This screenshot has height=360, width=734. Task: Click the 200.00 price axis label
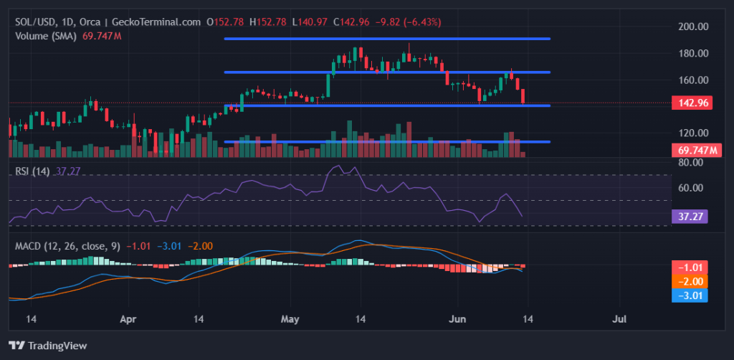[x=693, y=27]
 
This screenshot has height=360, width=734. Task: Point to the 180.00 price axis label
[x=693, y=53]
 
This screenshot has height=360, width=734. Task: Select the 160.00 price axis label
[x=693, y=80]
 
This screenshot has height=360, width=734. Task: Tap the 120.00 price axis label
[x=693, y=133]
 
